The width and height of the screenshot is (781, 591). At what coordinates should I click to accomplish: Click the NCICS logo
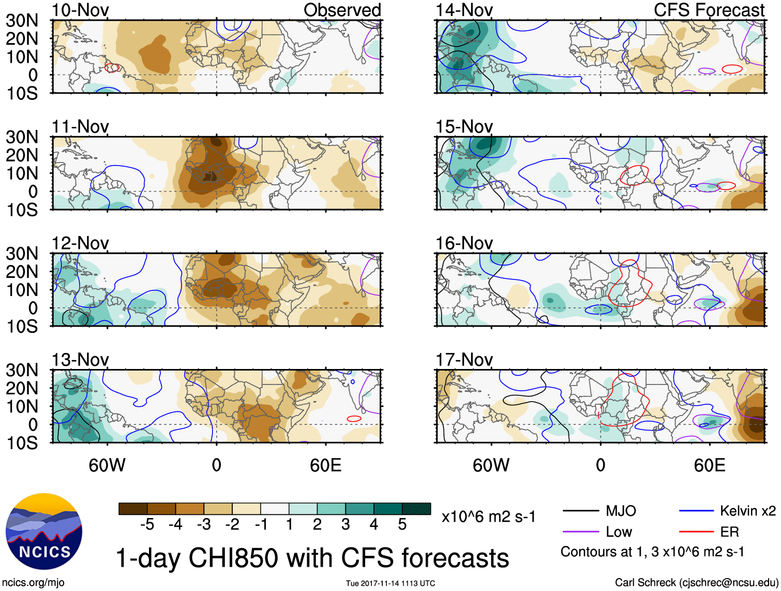click(x=44, y=531)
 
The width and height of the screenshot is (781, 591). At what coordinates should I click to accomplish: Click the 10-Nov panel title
click(x=80, y=10)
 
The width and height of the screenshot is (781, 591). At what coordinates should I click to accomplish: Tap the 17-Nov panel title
click(x=464, y=359)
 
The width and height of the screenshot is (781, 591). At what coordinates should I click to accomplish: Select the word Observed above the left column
click(x=342, y=10)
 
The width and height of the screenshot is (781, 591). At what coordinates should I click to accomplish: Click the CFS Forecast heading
click(x=709, y=10)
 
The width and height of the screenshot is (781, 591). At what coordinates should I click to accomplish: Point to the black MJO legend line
click(x=580, y=511)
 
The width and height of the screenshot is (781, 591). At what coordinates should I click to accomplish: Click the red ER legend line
click(x=696, y=531)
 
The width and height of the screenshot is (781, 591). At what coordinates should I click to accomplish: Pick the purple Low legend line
click(x=580, y=531)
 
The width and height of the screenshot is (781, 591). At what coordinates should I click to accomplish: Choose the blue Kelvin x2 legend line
click(x=696, y=511)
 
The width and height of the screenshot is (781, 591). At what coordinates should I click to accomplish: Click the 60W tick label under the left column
click(x=107, y=465)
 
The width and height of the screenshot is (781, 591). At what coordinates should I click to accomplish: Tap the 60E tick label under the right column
click(x=709, y=465)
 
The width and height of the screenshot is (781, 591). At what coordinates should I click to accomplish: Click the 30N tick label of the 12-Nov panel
click(x=22, y=254)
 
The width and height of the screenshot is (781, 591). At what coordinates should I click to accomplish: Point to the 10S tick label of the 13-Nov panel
click(x=22, y=443)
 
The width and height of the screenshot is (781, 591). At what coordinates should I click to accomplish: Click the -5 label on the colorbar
click(x=147, y=525)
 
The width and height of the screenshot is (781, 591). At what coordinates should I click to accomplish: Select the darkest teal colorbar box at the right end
click(x=416, y=509)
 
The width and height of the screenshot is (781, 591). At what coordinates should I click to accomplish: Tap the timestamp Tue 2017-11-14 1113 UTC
click(x=390, y=583)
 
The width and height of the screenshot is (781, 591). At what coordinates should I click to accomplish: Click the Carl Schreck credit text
click(x=696, y=582)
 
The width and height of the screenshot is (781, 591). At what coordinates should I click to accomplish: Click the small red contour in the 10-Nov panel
click(x=112, y=67)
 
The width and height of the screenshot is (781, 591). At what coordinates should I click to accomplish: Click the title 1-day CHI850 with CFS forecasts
click(x=312, y=558)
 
